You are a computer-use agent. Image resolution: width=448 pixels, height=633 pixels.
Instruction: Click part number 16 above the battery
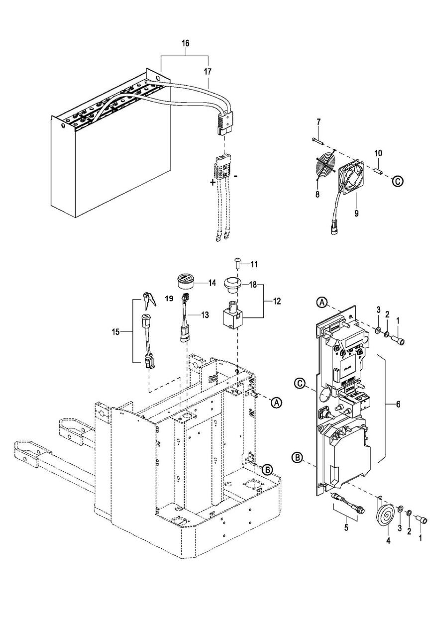click(185, 43)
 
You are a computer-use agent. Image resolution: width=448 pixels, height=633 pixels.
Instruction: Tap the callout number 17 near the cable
click(207, 72)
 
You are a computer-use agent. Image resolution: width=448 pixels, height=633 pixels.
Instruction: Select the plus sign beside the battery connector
click(212, 183)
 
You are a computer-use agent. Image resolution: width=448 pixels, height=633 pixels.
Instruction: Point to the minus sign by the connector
click(236, 176)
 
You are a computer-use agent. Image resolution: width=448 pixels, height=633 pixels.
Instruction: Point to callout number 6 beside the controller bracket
click(398, 404)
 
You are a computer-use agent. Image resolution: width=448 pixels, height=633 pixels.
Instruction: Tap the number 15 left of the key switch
click(116, 332)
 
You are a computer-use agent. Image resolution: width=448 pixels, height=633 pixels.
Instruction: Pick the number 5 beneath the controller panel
click(346, 528)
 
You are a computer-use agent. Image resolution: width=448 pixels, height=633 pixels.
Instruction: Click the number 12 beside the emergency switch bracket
click(277, 301)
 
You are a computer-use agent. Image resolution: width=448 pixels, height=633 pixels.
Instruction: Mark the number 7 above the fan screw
click(319, 122)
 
